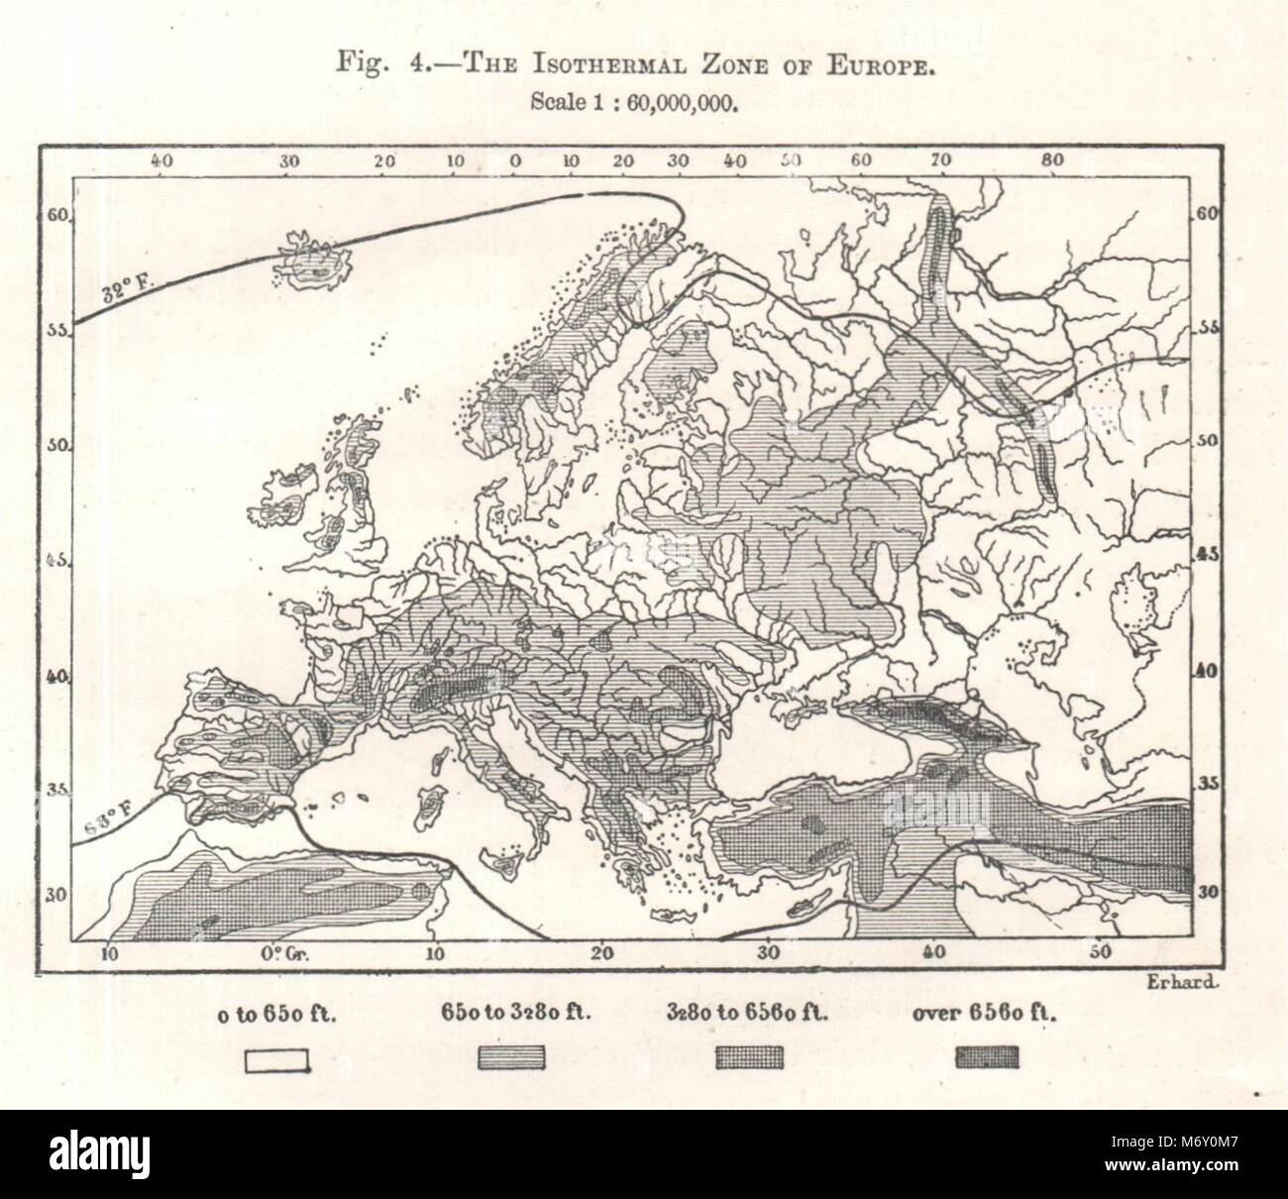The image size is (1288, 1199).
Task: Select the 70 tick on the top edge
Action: coord(941,160)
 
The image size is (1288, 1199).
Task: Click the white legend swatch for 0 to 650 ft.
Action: coord(278,1060)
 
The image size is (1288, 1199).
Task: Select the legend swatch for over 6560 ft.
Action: coord(986,1059)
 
